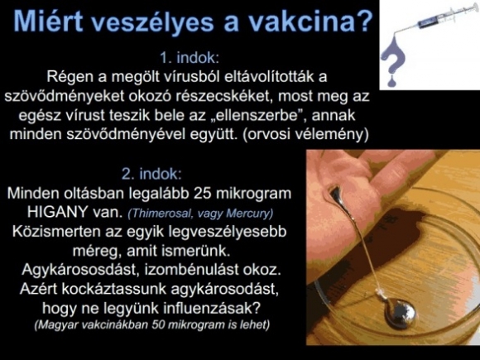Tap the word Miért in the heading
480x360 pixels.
coord(48,22)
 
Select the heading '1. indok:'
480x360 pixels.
coord(190,58)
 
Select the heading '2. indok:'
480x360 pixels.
coord(151,174)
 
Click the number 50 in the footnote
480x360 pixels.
coord(159,324)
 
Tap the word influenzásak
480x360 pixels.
coord(212,308)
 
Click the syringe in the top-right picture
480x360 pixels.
coord(440,19)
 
